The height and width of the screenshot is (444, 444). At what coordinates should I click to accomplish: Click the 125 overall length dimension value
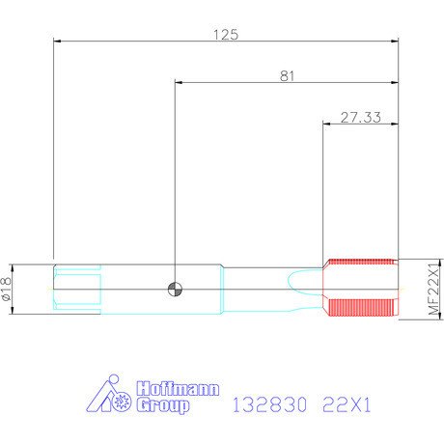[x=226, y=35]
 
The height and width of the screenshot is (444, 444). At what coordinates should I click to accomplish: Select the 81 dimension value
[x=287, y=76]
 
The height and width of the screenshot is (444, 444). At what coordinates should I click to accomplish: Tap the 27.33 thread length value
[x=361, y=118]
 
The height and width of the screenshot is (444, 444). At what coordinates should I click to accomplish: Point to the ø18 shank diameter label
[x=7, y=289]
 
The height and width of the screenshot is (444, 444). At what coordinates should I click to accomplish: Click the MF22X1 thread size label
[x=433, y=289]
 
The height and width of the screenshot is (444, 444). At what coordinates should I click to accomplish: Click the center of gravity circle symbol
[x=175, y=290]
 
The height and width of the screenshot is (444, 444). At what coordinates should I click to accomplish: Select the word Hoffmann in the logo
[x=178, y=389]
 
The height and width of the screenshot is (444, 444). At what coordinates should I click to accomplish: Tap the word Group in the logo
[x=163, y=405]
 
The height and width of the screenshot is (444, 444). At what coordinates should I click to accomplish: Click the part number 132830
[x=269, y=404]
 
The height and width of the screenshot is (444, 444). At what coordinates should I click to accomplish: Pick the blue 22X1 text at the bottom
[x=347, y=404]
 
